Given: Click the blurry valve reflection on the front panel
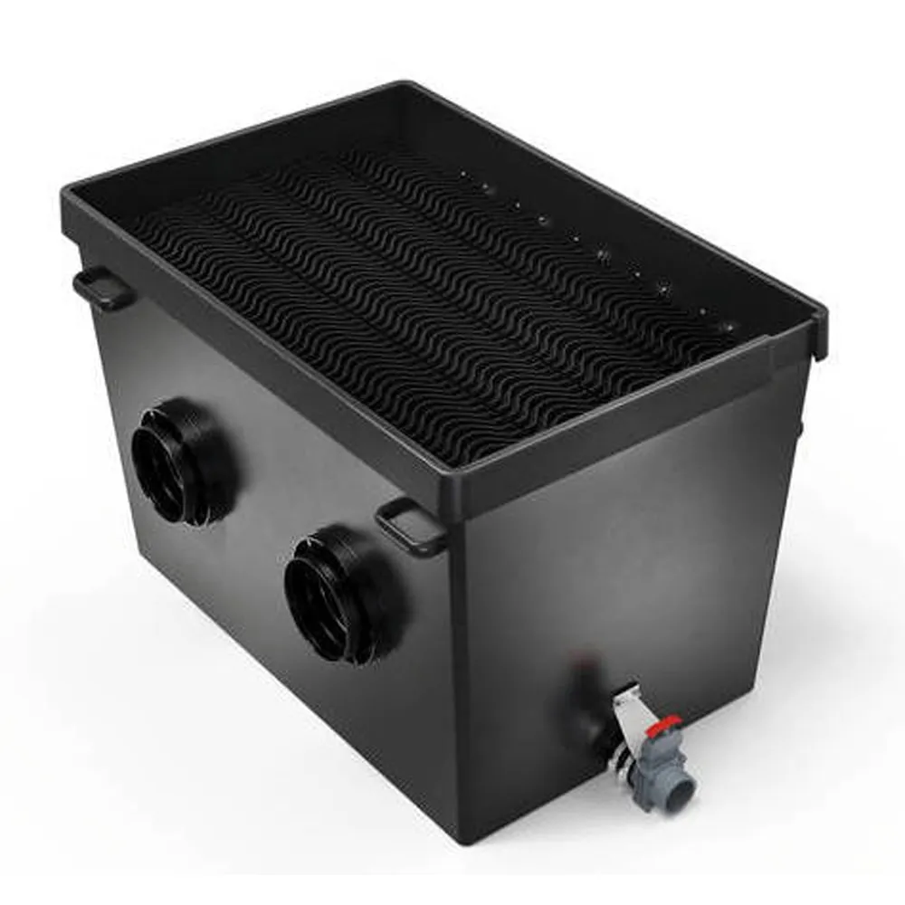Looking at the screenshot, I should (579, 688).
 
